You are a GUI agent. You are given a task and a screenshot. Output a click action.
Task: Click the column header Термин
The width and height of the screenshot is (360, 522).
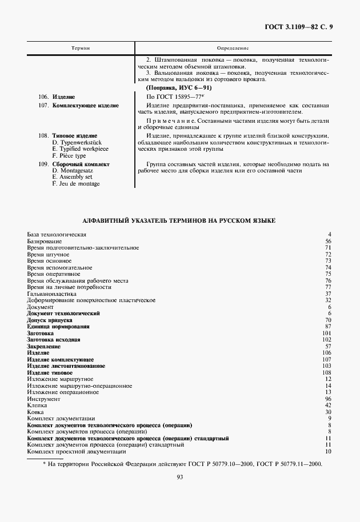80,49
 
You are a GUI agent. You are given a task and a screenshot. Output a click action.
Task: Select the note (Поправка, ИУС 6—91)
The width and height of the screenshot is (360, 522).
178,87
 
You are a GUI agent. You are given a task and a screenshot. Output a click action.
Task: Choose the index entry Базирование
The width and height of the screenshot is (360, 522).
43,242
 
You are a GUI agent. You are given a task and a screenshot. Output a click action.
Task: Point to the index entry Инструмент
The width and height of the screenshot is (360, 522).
43,399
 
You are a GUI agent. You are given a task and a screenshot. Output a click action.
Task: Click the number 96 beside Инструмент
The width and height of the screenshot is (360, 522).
328,399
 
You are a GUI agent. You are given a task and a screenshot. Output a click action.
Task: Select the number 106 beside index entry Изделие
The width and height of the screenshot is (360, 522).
327,353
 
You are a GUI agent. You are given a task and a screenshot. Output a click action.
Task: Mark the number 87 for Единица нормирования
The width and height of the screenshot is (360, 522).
328,327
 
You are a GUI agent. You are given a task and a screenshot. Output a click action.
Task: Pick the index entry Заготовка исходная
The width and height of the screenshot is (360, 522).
54,340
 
